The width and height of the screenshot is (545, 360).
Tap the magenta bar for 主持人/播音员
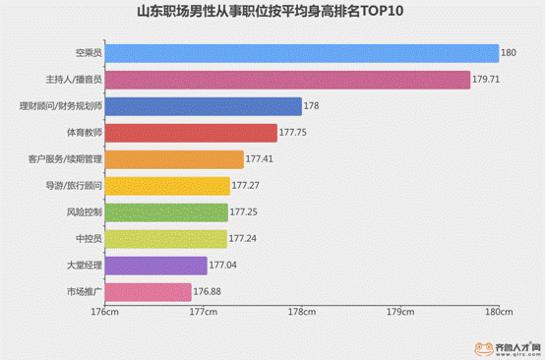[x=286, y=80]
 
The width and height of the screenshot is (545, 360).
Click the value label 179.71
[x=487, y=80]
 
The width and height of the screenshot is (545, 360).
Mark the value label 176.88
[x=208, y=291]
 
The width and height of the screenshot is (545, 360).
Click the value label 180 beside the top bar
[x=509, y=53]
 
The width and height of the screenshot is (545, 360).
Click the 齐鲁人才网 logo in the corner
[x=507, y=346]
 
